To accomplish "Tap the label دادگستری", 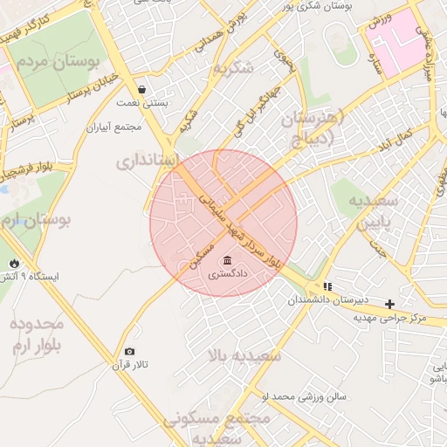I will [x=227, y=274].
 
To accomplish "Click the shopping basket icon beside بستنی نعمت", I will [x=141, y=89].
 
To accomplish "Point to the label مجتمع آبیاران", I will [x=113, y=127].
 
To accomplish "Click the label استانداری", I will [x=148, y=161].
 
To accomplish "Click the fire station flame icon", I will [x=13, y=263].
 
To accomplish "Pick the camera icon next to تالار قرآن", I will [x=130, y=351].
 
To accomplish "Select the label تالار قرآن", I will [x=134, y=364].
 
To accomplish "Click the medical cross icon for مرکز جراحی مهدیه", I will [x=389, y=303].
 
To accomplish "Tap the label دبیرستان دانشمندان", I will [x=329, y=300].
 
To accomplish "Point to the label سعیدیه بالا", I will [x=244, y=356].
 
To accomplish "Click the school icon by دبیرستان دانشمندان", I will [x=327, y=286].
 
